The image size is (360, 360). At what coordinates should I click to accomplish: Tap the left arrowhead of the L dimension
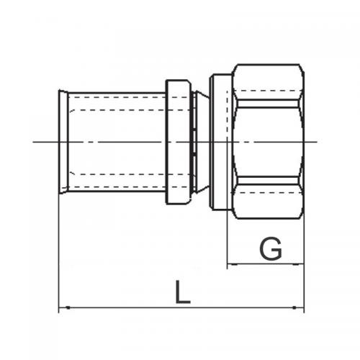pos(62,309)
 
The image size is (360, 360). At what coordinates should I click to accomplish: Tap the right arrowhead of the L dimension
pos(301,309)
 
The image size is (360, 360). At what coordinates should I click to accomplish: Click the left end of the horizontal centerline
pos(35,141)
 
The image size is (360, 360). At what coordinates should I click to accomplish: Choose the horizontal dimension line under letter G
pos(265,266)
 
